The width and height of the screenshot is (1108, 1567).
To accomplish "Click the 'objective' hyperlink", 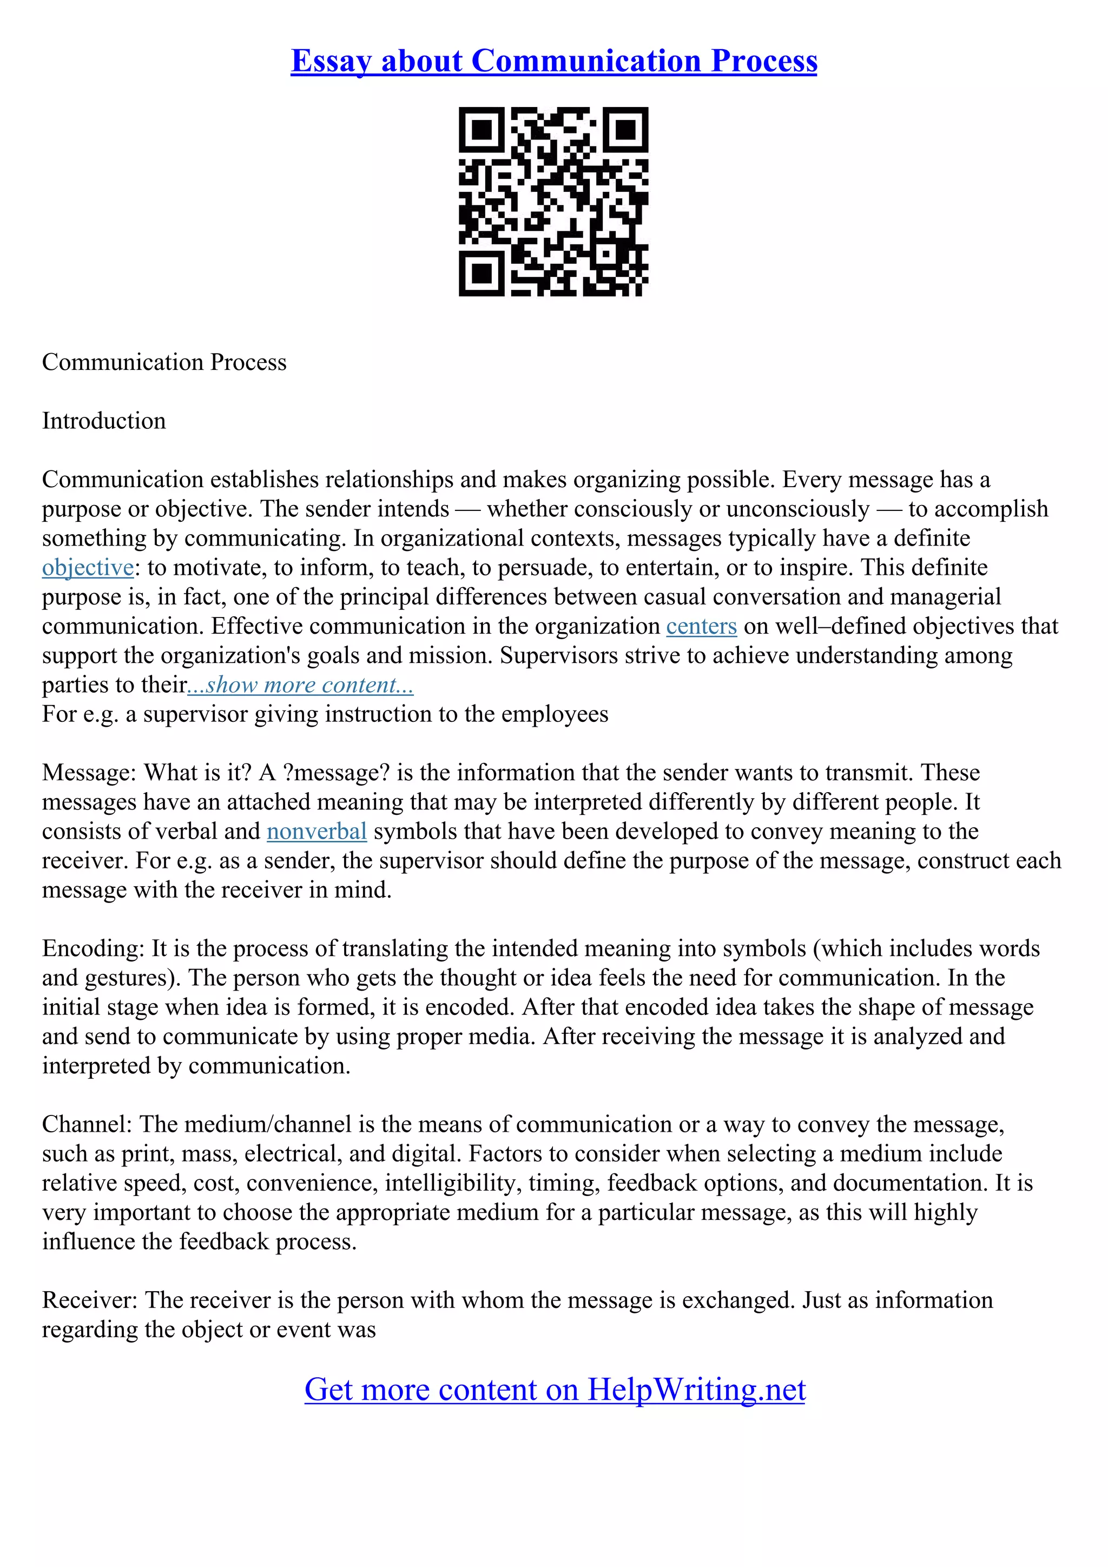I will pyautogui.click(x=88, y=568).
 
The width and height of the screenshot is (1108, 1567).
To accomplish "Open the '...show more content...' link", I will pyautogui.click(x=300, y=685).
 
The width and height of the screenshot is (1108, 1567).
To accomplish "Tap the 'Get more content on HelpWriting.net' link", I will pyautogui.click(x=555, y=1390).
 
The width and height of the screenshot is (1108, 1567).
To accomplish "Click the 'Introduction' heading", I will pyautogui.click(x=104, y=421).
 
